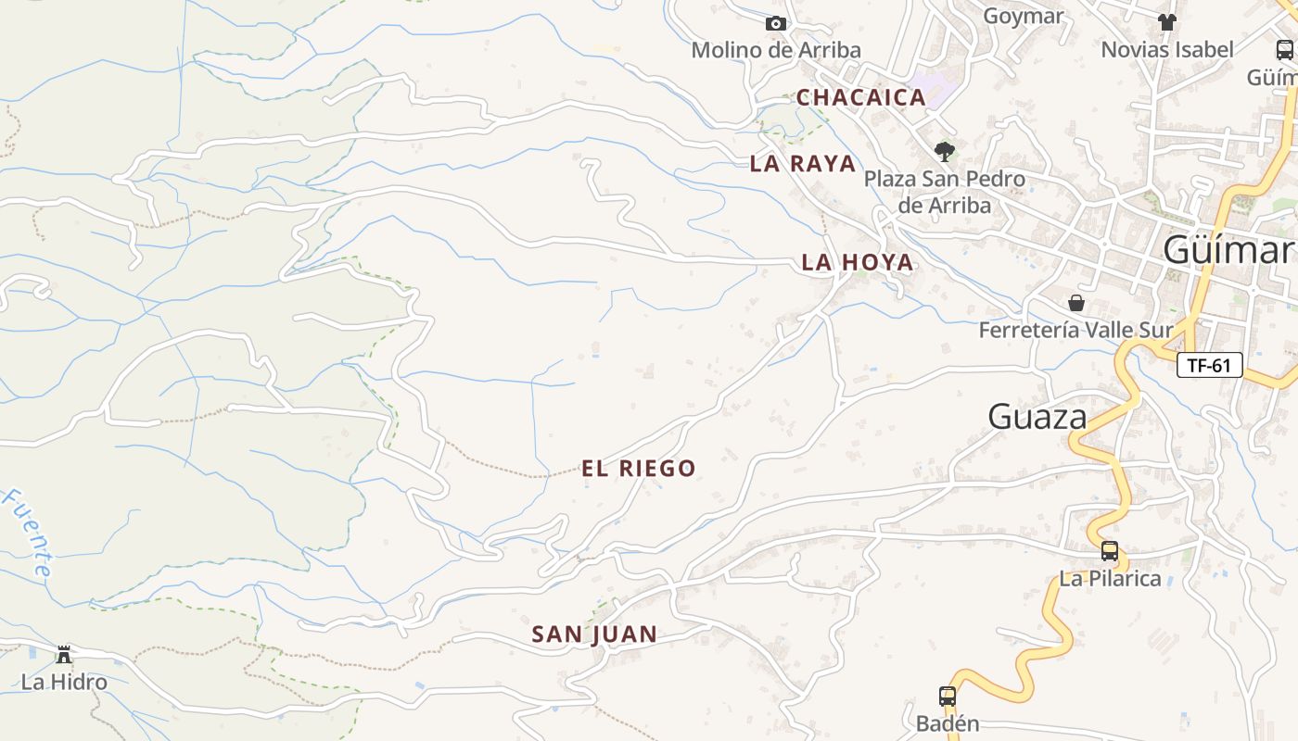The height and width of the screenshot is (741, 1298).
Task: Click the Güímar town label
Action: click(1228, 250)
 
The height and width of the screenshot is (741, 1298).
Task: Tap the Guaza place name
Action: click(1037, 417)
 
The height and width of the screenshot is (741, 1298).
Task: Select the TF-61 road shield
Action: click(1209, 365)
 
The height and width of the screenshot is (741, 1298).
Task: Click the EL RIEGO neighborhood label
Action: click(639, 469)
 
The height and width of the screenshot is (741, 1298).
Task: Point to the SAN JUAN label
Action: click(594, 634)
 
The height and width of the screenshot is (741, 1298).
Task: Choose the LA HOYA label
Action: click(858, 263)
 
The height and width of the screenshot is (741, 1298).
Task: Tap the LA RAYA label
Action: click(803, 164)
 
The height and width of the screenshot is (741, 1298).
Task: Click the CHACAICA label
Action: click(861, 97)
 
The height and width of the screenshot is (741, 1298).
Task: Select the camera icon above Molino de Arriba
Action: click(776, 24)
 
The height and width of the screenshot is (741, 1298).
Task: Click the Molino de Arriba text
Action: click(776, 50)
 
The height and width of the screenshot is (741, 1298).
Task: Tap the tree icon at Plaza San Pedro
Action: click(944, 151)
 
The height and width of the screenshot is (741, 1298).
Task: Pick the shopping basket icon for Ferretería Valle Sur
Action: click(1076, 303)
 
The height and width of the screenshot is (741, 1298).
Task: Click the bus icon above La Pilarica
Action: click(1110, 551)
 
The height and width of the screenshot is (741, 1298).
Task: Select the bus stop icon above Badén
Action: click(947, 696)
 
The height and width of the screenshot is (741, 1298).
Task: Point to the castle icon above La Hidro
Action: click(64, 655)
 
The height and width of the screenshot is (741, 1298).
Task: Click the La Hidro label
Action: click(64, 683)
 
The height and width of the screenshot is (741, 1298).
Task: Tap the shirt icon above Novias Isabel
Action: click(1166, 22)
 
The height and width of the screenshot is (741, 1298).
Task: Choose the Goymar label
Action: click(1024, 16)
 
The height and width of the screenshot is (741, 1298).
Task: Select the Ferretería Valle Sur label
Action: click(1076, 330)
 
